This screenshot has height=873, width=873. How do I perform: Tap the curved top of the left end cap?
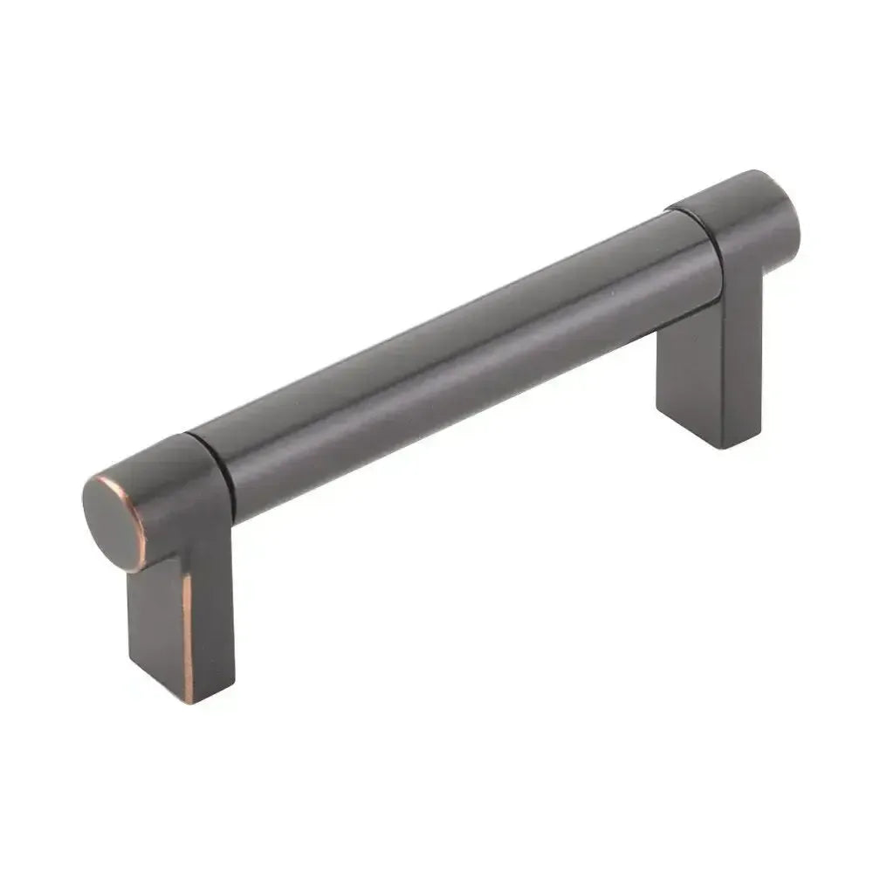(x=157, y=454)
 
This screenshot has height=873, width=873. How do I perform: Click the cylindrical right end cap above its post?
(x=742, y=227)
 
